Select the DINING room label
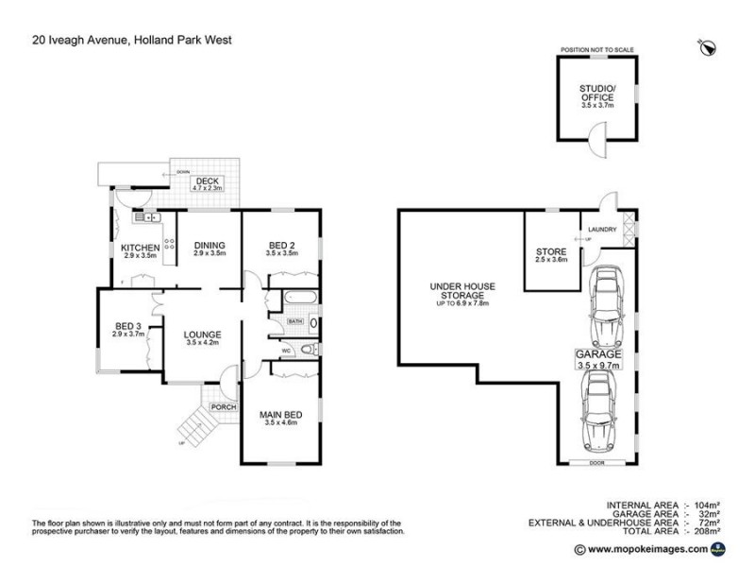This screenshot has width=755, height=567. click(x=210, y=246)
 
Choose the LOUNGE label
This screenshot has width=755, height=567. click(x=203, y=335)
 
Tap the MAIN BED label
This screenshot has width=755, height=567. click(x=281, y=414)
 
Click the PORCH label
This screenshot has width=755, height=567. click(x=223, y=407)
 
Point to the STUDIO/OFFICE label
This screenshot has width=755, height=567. click(x=596, y=93)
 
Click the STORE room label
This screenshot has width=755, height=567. click(x=550, y=251)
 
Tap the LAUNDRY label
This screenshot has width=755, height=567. click(x=602, y=230)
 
